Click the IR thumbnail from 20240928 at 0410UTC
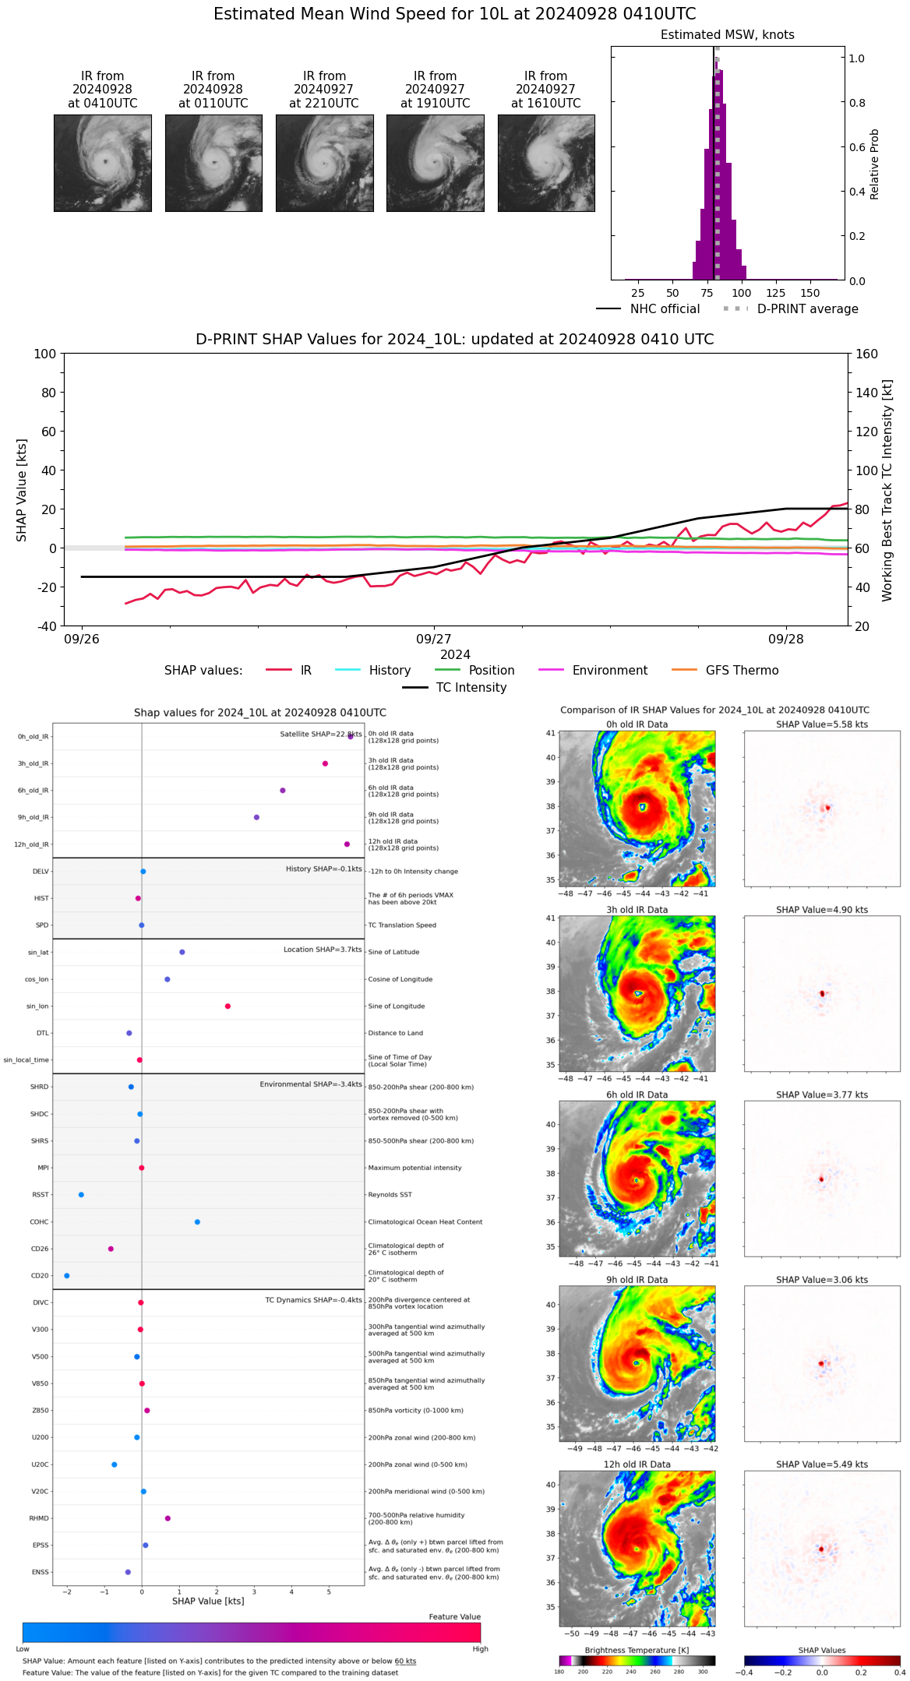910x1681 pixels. (102, 163)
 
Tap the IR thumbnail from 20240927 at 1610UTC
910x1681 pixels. (546, 163)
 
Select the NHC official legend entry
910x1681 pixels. (648, 309)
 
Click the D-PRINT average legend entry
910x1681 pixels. (791, 309)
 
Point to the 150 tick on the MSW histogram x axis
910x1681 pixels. (810, 293)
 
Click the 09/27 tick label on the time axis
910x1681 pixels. (434, 639)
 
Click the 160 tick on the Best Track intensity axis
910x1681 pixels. (867, 354)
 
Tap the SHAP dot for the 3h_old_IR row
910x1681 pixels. (325, 763)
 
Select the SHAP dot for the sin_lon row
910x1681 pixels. (227, 1006)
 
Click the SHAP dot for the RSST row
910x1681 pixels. (81, 1195)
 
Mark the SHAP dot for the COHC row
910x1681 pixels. (197, 1221)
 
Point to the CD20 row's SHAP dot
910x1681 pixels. (67, 1275)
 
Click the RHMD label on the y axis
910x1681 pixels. (39, 1518)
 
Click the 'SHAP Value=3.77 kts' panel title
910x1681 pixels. (822, 1094)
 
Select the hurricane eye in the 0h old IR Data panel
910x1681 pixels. (643, 807)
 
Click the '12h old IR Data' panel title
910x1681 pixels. (637, 1464)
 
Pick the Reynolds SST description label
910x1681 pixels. (390, 1195)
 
